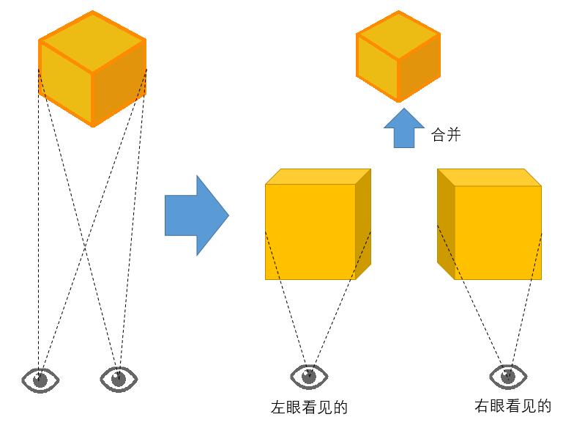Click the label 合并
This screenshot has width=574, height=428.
[447, 135]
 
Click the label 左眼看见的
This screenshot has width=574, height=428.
[309, 407]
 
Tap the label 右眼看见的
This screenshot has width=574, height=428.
[512, 406]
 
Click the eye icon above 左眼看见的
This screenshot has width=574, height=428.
[309, 377]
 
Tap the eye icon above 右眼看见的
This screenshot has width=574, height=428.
[507, 377]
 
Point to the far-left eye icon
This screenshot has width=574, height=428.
[40, 380]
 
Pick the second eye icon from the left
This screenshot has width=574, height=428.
[118, 379]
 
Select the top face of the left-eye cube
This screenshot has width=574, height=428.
[316, 177]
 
